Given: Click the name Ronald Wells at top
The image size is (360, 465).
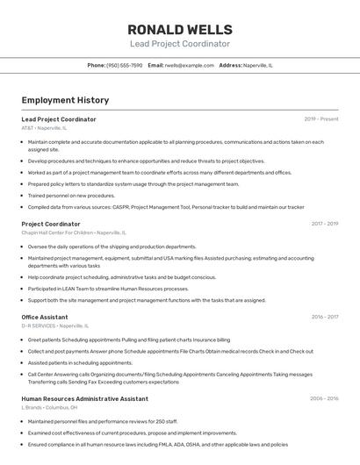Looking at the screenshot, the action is point(179,29).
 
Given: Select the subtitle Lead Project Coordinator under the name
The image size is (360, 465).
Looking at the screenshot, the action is point(179,44).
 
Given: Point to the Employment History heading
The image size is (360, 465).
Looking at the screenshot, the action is point(65,100).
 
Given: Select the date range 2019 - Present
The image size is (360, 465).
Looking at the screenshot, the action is point(321,119).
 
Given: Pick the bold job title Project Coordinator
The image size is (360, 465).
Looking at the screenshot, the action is point(51,224).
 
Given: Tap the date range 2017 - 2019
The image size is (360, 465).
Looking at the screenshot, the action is point(324,224).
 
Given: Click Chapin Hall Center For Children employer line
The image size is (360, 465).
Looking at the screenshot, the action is point(74,233).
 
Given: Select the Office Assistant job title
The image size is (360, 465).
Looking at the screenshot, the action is point(45,317).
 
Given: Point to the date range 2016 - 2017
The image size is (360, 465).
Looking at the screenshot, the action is point(324,317).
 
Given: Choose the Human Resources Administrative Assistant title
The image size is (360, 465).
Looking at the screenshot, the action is point(84,398).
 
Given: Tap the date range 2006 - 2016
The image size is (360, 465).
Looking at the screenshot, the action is point(324,398).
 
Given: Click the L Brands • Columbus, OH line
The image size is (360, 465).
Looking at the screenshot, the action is point(49,407).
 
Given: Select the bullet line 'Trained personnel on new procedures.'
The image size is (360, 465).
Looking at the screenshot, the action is point(71,196).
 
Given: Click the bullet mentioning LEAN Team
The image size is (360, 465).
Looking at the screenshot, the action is point(108,289).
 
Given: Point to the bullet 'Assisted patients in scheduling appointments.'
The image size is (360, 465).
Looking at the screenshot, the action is point(80,362).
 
